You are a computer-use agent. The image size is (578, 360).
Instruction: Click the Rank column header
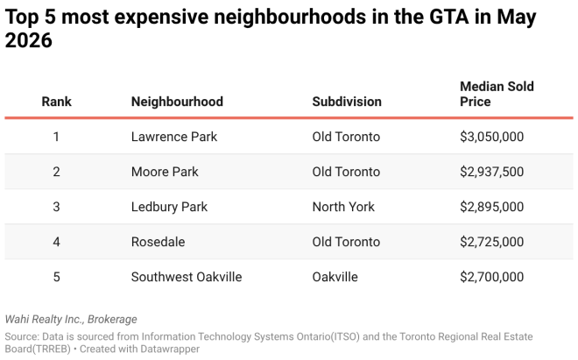pos(56,102)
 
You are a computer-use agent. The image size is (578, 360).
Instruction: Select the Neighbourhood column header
pos(177,102)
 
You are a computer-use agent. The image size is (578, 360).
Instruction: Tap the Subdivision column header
pos(347,102)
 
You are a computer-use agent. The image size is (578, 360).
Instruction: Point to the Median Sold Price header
pos(497,94)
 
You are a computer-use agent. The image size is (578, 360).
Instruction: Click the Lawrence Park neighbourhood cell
pos(174,137)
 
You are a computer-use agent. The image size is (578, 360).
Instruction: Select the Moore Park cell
pos(165,172)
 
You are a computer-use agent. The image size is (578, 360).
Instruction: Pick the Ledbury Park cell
pos(169,207)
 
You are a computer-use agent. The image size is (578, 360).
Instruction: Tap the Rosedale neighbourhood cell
pos(159,242)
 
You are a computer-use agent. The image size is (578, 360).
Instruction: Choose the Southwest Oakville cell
pos(187,277)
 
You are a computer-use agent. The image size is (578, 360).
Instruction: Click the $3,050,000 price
pos(492,137)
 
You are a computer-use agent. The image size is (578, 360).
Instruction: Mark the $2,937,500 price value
pos(492,172)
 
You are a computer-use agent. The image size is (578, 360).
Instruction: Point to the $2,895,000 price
pos(492,207)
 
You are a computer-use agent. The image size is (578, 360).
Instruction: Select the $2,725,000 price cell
pos(492,242)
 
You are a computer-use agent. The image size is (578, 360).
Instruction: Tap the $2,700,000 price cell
pos(492,277)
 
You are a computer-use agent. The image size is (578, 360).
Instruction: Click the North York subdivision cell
pos(343,207)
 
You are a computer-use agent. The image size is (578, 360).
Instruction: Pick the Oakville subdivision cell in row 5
pos(335,277)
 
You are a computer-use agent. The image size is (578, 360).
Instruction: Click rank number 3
pos(56,207)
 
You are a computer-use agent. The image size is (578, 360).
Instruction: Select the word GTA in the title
pos(449,17)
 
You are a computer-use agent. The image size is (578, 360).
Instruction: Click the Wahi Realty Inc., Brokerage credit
pos(71,320)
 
